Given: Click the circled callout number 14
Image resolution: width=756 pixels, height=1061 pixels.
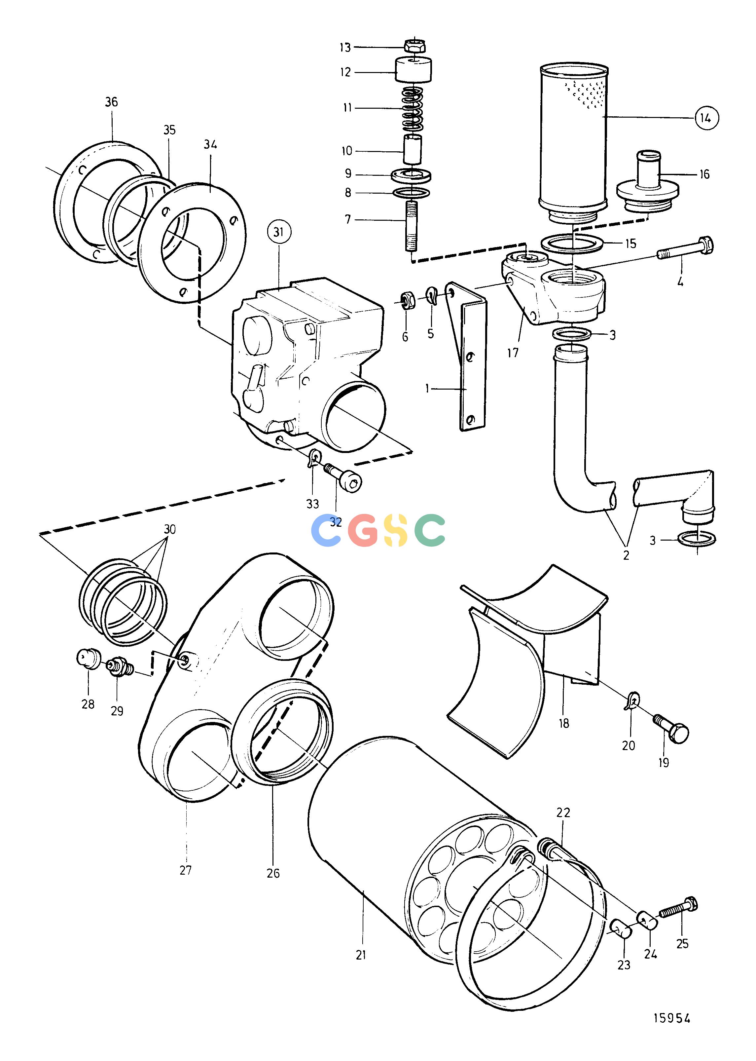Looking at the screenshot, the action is [706, 118].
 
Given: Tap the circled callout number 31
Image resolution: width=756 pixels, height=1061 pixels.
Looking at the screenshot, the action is [278, 232].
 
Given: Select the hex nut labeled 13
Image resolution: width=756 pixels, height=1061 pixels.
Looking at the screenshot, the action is [414, 46].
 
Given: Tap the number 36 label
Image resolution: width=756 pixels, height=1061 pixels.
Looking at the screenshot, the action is [111, 102].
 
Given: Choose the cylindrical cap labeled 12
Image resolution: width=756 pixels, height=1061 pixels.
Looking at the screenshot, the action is [413, 69].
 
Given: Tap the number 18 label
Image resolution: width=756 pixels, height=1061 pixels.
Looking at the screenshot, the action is [564, 723].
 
